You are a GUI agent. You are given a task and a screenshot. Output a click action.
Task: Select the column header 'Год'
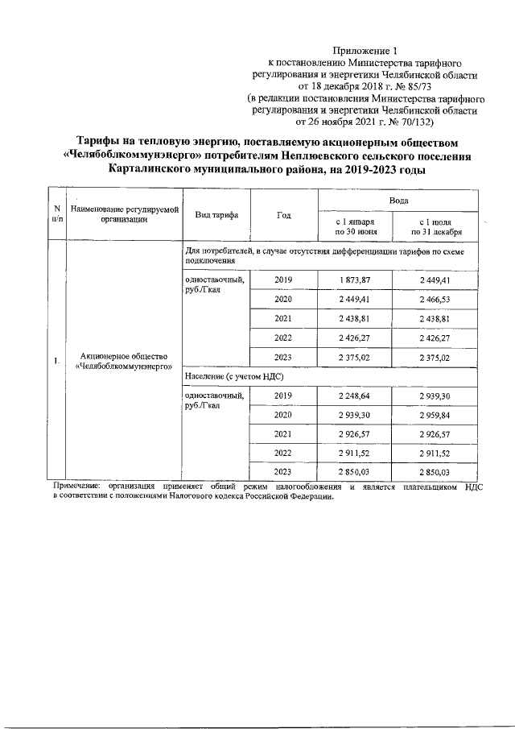(283, 216)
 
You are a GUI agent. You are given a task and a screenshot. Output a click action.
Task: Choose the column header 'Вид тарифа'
(216, 216)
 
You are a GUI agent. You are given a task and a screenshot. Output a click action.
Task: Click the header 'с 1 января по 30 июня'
(354, 226)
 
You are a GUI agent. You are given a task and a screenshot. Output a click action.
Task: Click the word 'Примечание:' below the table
(77, 487)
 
